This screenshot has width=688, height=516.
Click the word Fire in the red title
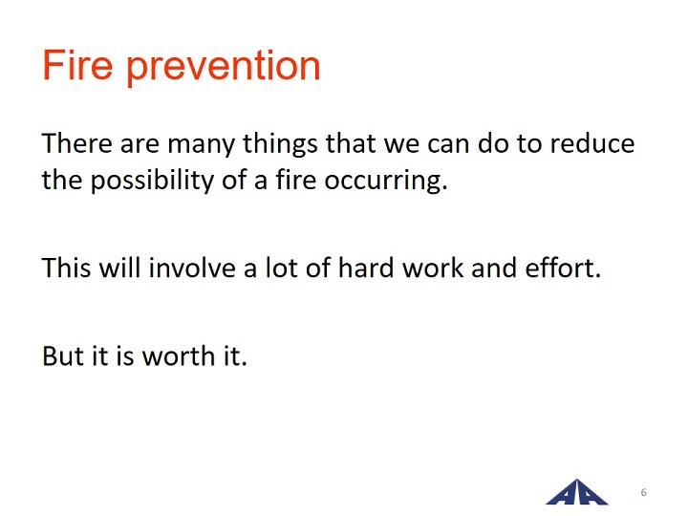tap(77, 65)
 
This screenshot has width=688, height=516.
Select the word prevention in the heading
tap(224, 68)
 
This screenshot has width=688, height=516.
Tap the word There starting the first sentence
tap(76, 143)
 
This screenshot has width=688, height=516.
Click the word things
tap(280, 145)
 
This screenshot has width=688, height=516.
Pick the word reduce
tap(592, 143)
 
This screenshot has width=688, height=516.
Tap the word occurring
tap(386, 182)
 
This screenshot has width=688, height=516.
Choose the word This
tap(66, 268)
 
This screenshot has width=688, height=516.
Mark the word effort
tap(563, 267)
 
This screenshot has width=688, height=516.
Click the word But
tap(63, 355)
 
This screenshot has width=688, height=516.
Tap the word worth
tap(179, 355)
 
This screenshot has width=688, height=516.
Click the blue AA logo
tap(576, 492)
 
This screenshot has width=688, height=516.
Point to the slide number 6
tap(644, 492)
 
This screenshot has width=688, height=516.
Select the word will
tap(119, 267)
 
